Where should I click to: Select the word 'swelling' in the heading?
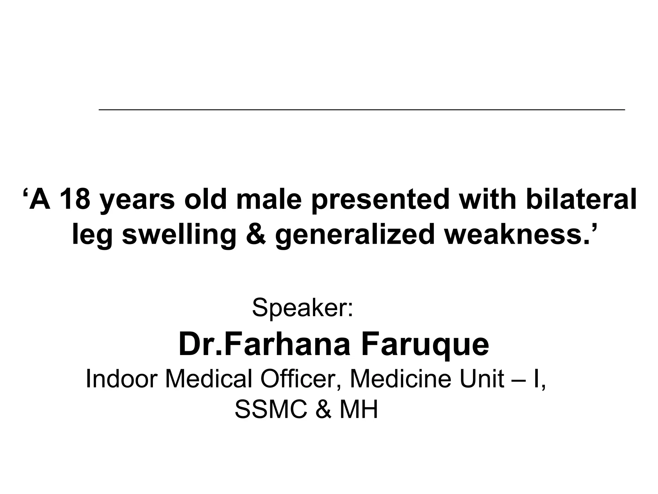(x=179, y=235)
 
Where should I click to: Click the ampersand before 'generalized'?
(x=255, y=235)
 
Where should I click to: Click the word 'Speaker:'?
(x=302, y=307)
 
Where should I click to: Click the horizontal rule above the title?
(x=361, y=110)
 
